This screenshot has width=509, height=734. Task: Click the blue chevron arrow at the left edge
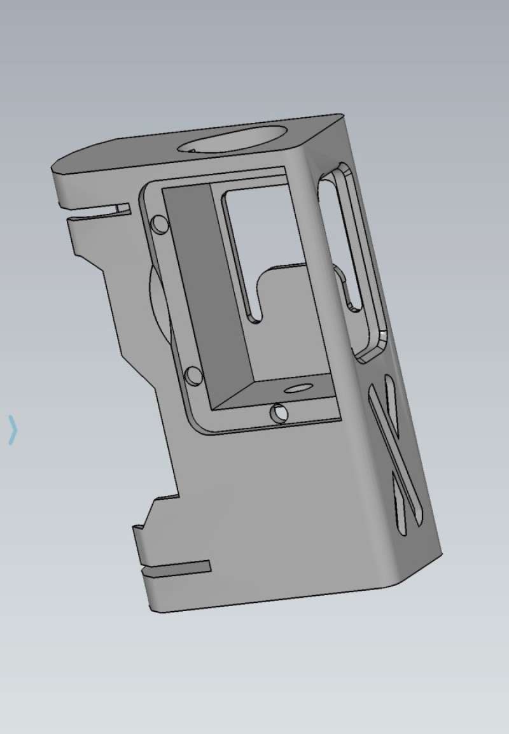(x=12, y=429)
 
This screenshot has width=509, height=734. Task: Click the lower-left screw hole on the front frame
(x=193, y=376)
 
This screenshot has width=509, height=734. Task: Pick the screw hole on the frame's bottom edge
(x=279, y=414)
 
